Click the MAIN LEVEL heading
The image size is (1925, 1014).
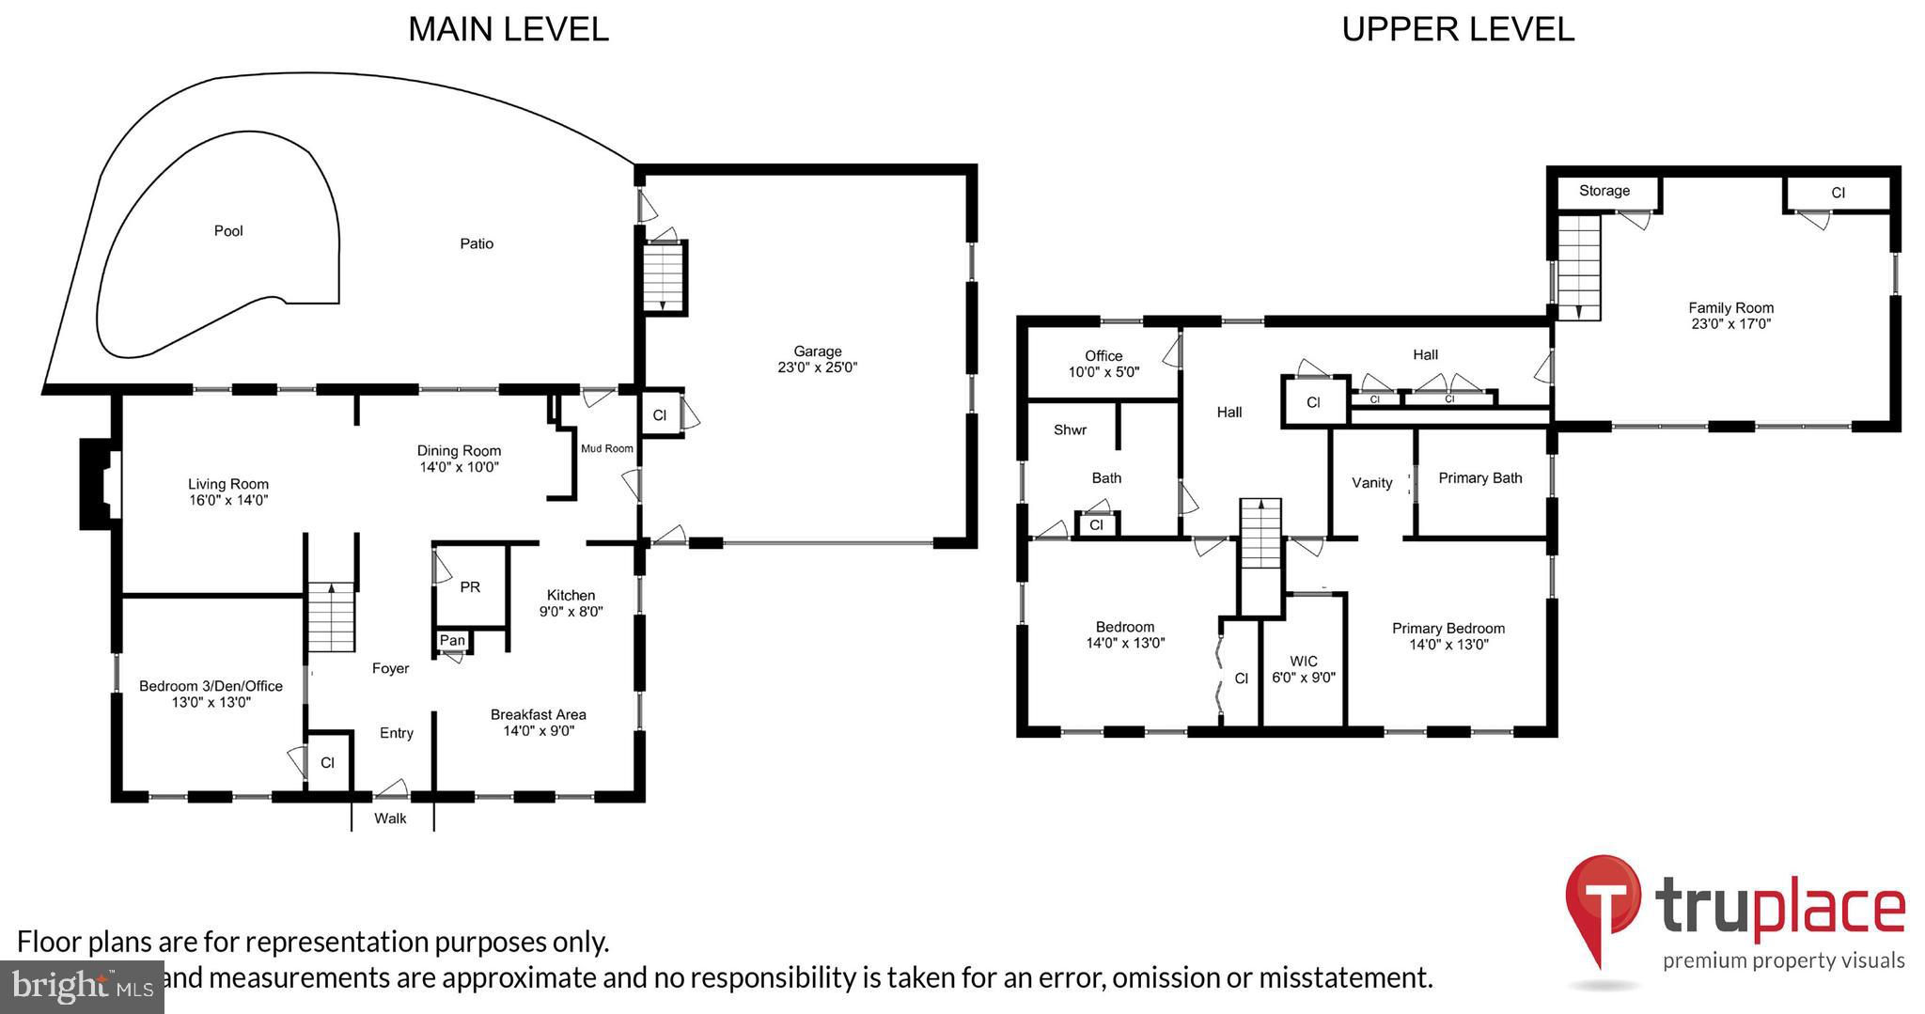tap(508, 29)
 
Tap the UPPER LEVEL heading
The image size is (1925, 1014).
tap(1457, 29)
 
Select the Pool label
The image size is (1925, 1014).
tap(228, 231)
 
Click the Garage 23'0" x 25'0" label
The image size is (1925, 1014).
tap(817, 359)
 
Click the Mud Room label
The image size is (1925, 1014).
tap(606, 448)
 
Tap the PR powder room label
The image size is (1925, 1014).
tap(470, 587)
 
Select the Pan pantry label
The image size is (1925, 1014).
tap(452, 640)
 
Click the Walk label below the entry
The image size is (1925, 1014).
tap(390, 819)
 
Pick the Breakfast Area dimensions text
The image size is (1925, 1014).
tap(539, 730)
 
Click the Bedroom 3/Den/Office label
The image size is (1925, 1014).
tap(211, 694)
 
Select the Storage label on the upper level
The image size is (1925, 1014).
tap(1604, 191)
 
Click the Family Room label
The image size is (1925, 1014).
tap(1729, 315)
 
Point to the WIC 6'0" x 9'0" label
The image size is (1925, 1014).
tap(1303, 668)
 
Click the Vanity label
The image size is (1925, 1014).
tap(1371, 483)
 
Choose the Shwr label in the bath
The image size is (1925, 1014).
tap(1070, 430)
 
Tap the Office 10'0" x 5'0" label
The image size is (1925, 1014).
tap(1103, 363)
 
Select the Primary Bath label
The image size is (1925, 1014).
tap(1479, 478)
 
